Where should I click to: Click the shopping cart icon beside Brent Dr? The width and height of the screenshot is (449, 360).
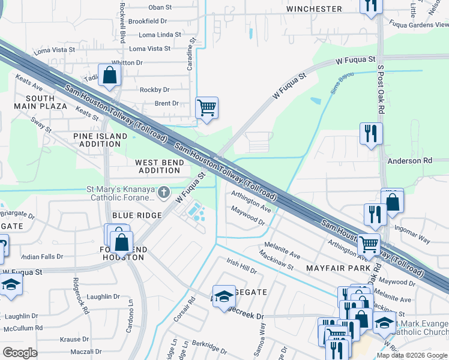tap(206, 109)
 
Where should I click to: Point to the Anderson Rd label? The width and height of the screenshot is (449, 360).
tap(410, 161)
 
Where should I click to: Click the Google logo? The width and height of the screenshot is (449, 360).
tap(20, 353)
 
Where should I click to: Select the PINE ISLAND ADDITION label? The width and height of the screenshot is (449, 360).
tap(100, 140)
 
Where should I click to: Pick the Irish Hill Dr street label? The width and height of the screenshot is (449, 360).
tap(241, 266)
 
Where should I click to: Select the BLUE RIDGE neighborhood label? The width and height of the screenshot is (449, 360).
tap(136, 215)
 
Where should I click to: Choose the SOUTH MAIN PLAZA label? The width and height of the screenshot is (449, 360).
tap(46, 102)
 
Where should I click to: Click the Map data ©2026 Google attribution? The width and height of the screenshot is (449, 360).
tap(412, 355)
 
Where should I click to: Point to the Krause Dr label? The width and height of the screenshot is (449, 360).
tap(74, 340)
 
